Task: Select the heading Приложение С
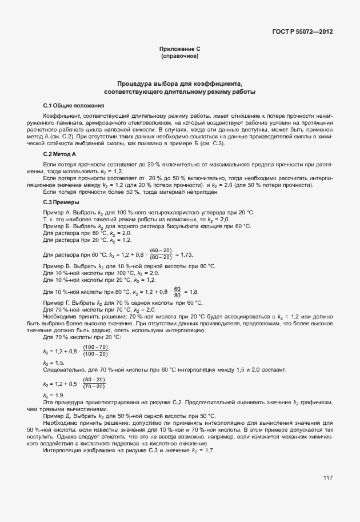coord(180,50)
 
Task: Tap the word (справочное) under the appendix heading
coord(180,57)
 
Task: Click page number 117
coord(327,477)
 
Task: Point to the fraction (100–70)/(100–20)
coord(95,350)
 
